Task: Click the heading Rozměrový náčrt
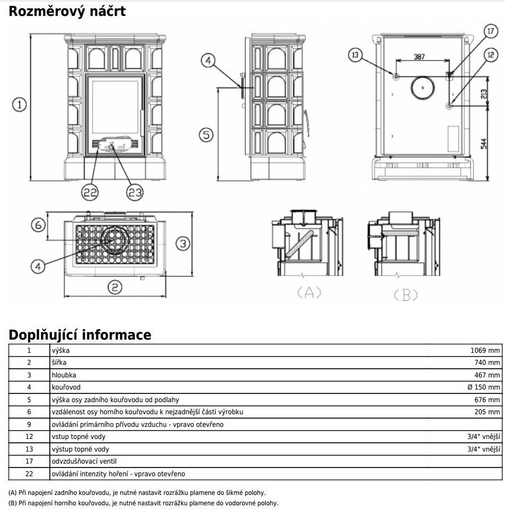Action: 67,10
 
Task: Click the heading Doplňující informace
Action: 80,334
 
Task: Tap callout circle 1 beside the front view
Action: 19,104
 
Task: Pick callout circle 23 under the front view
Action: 134,191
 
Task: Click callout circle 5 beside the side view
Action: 205,134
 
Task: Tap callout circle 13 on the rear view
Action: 355,54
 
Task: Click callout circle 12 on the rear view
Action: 490,54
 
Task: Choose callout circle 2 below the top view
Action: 114,286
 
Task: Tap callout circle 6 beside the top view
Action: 37,225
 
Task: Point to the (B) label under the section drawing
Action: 406,295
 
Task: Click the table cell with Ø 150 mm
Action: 484,387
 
